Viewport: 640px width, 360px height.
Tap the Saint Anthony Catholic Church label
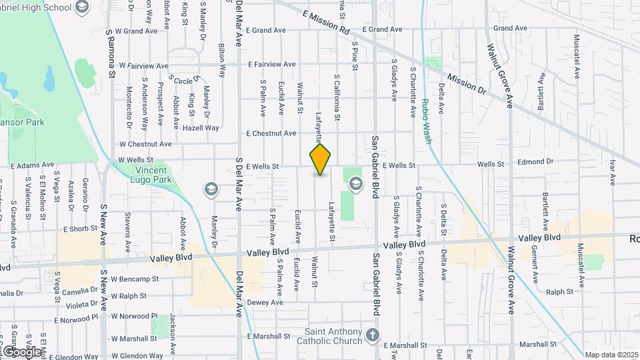(x=333, y=337)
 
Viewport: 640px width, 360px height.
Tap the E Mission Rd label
(x=326, y=22)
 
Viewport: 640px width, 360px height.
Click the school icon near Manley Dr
(x=211, y=189)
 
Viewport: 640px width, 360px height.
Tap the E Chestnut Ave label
(x=271, y=133)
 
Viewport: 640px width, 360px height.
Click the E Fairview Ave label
(x=271, y=65)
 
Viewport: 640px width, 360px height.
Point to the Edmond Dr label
(x=535, y=161)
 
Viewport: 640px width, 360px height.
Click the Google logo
(x=21, y=351)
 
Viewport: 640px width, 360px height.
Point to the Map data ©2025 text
(x=611, y=355)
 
